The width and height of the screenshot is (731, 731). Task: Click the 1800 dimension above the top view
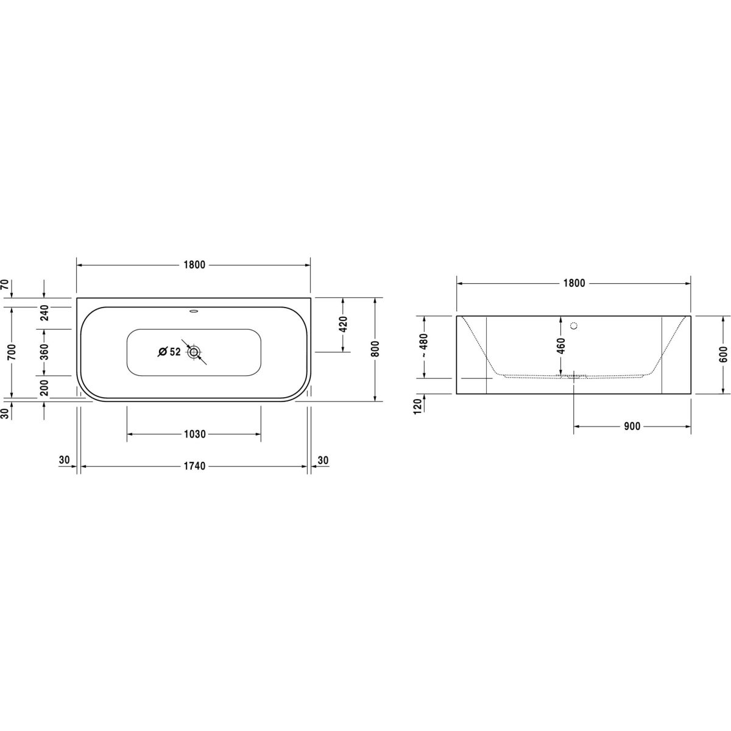point(194,265)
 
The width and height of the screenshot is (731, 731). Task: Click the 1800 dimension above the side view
point(574,283)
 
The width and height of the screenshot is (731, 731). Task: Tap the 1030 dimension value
point(194,434)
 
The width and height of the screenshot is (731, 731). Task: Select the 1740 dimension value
point(194,466)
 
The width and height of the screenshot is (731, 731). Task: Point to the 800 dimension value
point(375,348)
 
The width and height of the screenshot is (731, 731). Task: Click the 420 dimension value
point(343,324)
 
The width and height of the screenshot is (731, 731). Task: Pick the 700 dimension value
point(12,352)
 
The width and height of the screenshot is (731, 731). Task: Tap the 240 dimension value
point(44,313)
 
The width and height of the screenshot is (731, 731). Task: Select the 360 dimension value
point(44,352)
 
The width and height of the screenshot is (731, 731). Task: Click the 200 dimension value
point(44,387)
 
